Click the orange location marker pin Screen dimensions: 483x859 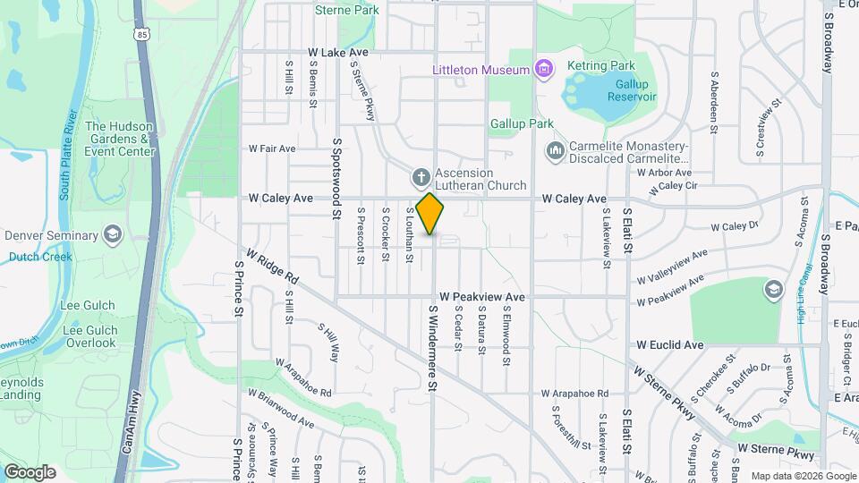tap(430, 213)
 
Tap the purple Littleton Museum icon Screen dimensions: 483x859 tap(541, 69)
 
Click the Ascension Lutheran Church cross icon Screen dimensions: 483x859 tap(419, 177)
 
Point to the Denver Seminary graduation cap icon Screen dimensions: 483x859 tap(113, 235)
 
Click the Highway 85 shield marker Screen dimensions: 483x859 tap(143, 35)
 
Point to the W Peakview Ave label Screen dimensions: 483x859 tap(481, 296)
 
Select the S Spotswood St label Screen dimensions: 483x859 tap(337, 178)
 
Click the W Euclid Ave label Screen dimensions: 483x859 tap(670, 344)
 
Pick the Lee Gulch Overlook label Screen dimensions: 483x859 tap(89, 336)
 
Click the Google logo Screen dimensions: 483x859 tap(30, 471)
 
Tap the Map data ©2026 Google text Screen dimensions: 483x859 tap(803, 476)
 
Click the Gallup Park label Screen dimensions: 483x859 tap(517, 123)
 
